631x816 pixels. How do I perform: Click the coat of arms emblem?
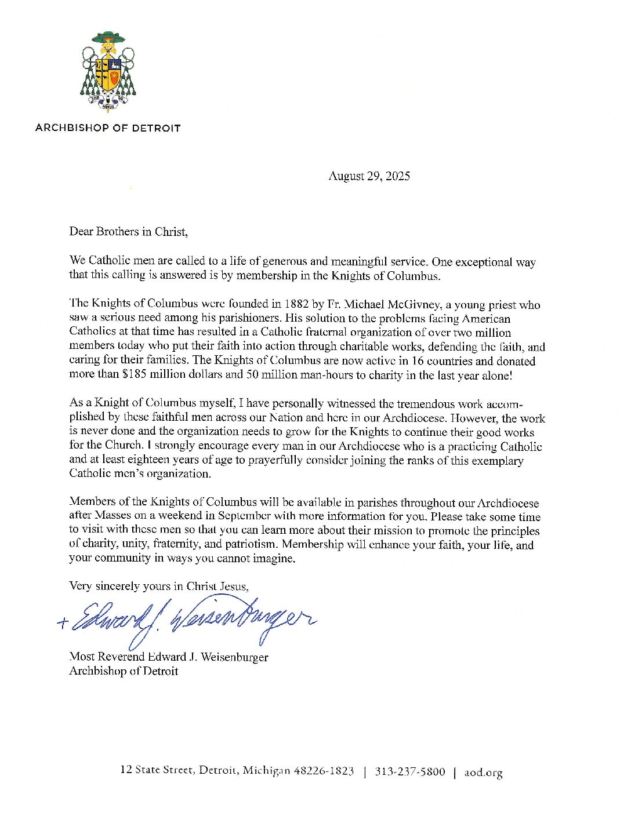[x=108, y=71]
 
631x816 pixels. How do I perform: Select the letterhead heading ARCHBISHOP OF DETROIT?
[x=108, y=128]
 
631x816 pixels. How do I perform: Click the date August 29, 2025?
[x=369, y=176]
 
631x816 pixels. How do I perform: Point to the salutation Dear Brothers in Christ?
[x=128, y=232]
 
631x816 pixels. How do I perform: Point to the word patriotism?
[x=249, y=545]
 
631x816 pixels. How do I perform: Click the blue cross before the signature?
[x=63, y=624]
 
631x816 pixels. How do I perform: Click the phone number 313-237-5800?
[x=410, y=772]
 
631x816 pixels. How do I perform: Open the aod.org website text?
[x=483, y=773]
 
